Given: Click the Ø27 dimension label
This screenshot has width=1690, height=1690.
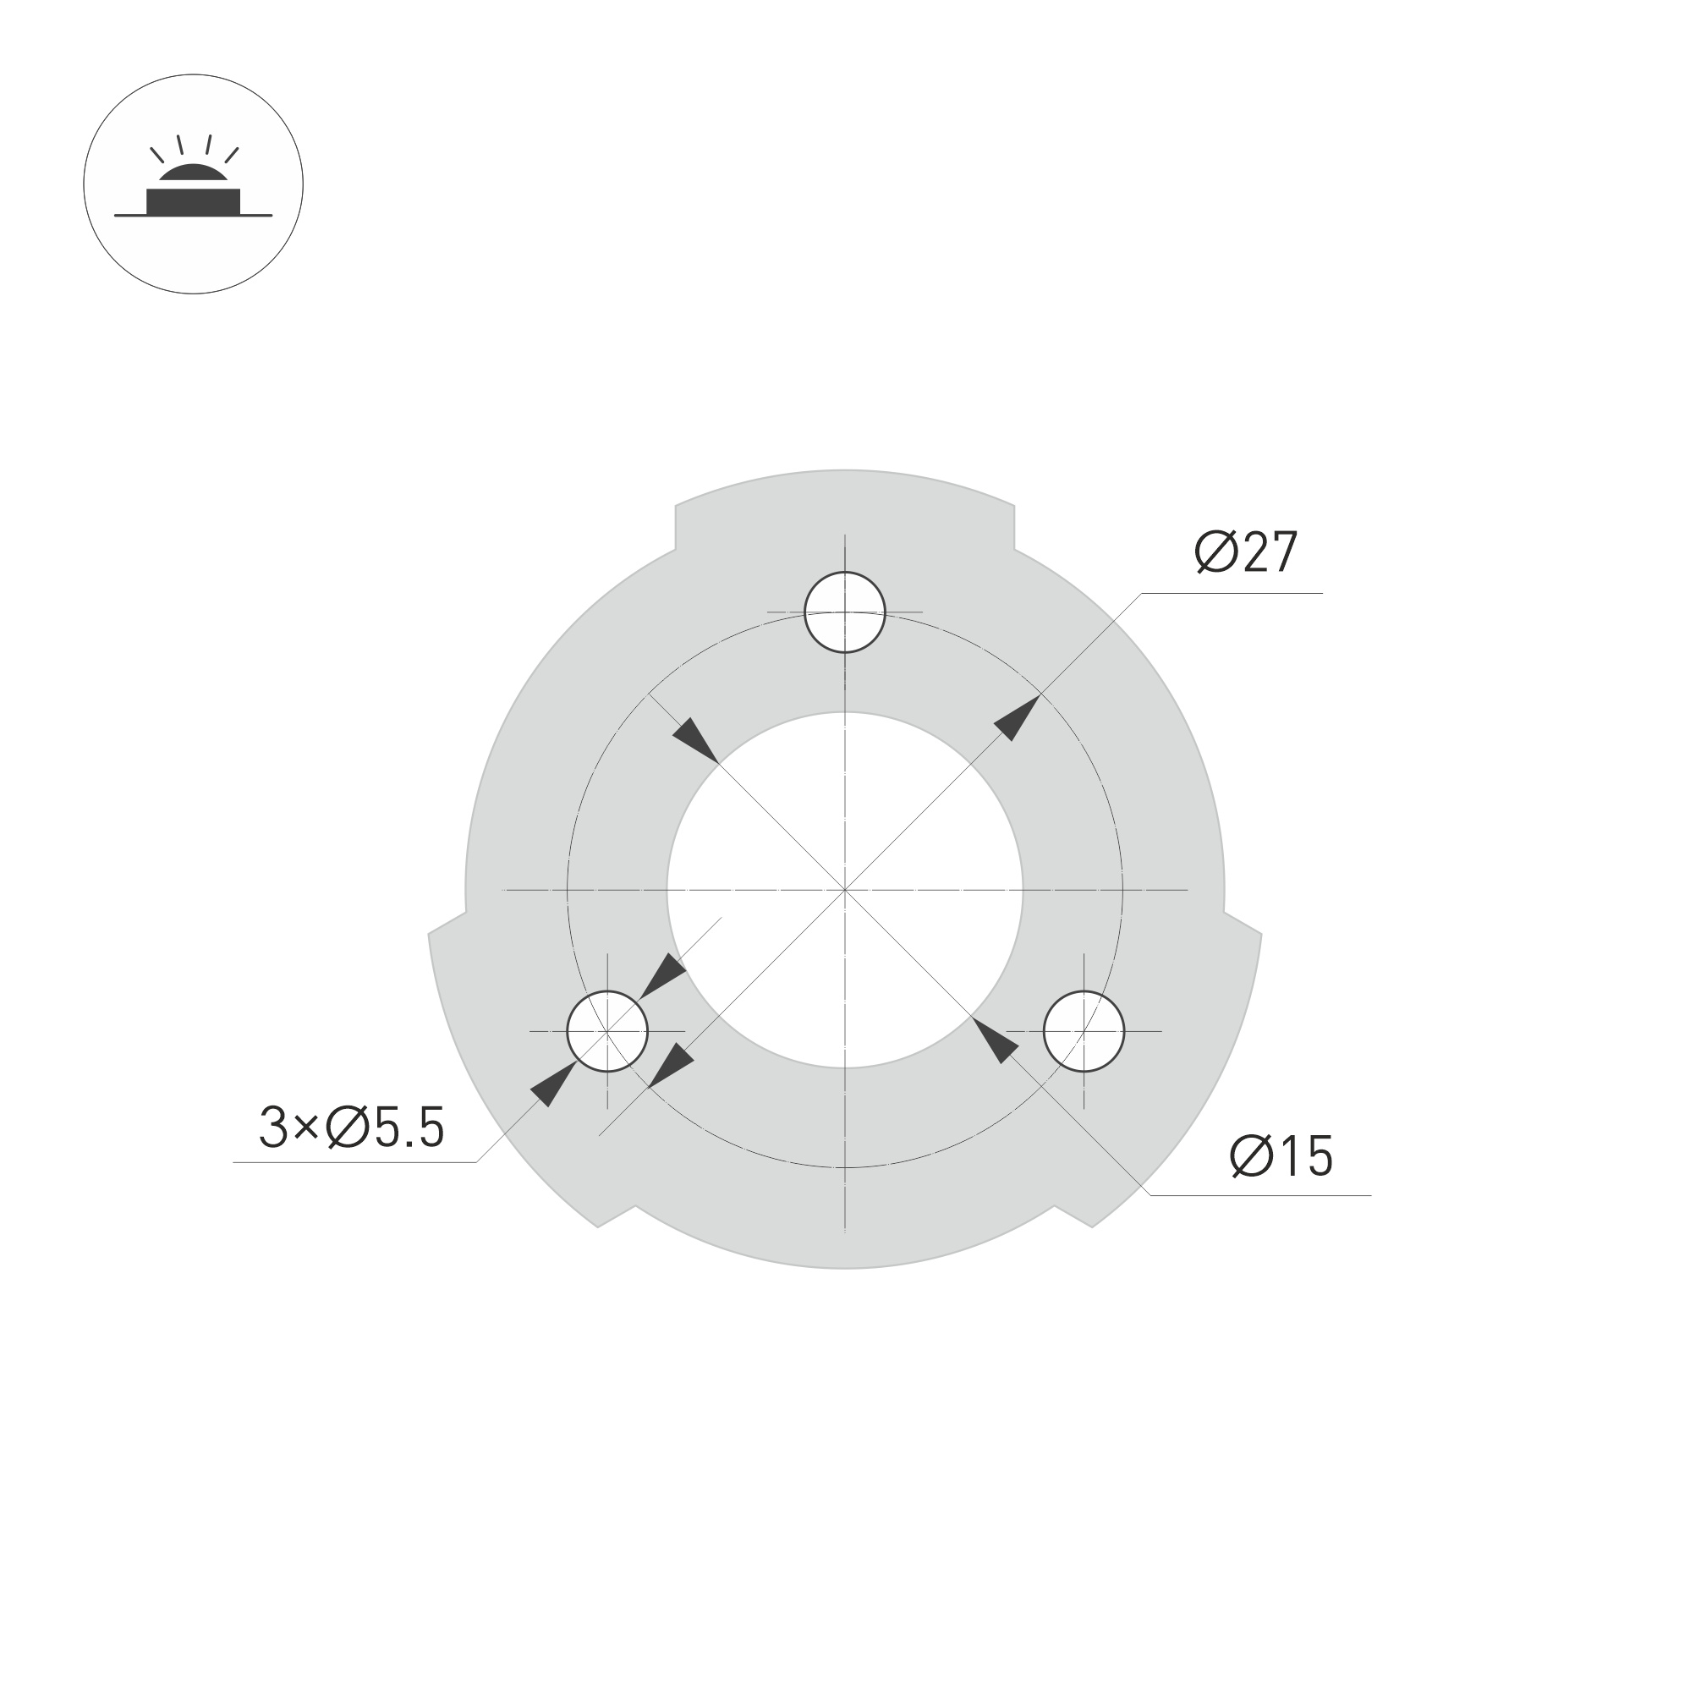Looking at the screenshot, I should tap(1246, 553).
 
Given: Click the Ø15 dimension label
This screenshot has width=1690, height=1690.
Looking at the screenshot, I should tap(1281, 1156).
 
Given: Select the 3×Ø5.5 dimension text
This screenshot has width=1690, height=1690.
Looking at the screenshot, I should tap(352, 1128).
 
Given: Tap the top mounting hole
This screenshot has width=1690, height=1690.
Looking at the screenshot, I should tap(845, 612).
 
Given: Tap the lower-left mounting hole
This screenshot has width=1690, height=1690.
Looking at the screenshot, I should tap(607, 1031).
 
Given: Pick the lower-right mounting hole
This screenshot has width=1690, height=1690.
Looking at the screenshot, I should tap(1084, 1031).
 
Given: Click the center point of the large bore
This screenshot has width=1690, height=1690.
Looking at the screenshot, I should tap(845, 891).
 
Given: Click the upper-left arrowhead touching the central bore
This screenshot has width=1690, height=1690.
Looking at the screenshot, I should tap(694, 740).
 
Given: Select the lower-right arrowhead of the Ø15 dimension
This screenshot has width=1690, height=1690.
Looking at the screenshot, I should tap(996, 1041).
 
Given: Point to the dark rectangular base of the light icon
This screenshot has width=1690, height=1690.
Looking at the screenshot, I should tap(194, 201).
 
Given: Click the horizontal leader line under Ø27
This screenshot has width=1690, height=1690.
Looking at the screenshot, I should tap(1233, 593).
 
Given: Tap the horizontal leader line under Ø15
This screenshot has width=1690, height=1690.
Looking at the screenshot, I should tap(1259, 1195).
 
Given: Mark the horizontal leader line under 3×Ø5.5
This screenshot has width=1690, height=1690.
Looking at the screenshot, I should tap(354, 1162).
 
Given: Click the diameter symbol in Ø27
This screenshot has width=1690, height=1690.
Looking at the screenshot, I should tap(1215, 553).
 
